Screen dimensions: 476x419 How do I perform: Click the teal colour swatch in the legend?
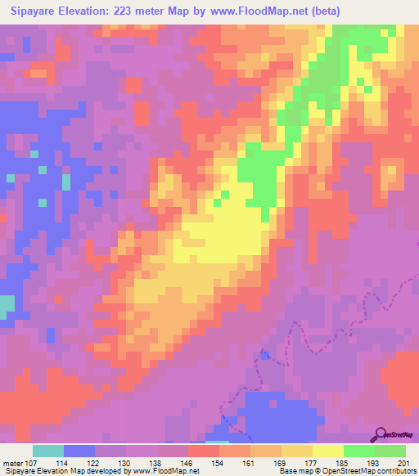[48, 451]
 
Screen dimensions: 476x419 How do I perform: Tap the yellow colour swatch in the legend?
[327, 451]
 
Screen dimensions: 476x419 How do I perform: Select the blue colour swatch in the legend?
[79, 451]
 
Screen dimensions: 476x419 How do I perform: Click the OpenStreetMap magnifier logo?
[381, 433]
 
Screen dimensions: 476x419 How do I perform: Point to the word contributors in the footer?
[396, 471]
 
